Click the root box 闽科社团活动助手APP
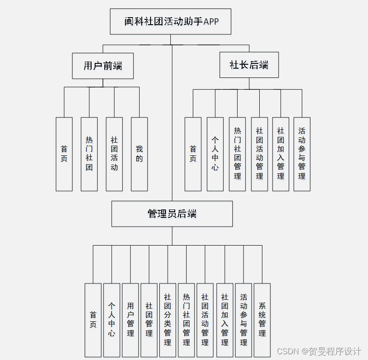[x=170, y=22]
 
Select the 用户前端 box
[x=103, y=66]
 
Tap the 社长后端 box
[x=249, y=65]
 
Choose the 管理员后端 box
[x=172, y=214]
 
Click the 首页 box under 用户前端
[x=64, y=154]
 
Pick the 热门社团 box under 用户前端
[x=89, y=154]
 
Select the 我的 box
[x=140, y=154]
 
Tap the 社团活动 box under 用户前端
[x=114, y=154]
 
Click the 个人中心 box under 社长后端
[x=215, y=154]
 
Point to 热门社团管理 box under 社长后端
[x=238, y=154]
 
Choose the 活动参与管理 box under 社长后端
[x=302, y=154]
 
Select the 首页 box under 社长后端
[x=193, y=154]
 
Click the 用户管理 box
[x=131, y=320]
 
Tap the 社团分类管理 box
[x=168, y=320]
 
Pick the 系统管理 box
[x=262, y=320]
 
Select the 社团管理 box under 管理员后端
[x=149, y=320]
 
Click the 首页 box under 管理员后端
[x=93, y=320]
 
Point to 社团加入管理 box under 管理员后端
[x=225, y=320]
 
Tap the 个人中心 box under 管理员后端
[x=112, y=320]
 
